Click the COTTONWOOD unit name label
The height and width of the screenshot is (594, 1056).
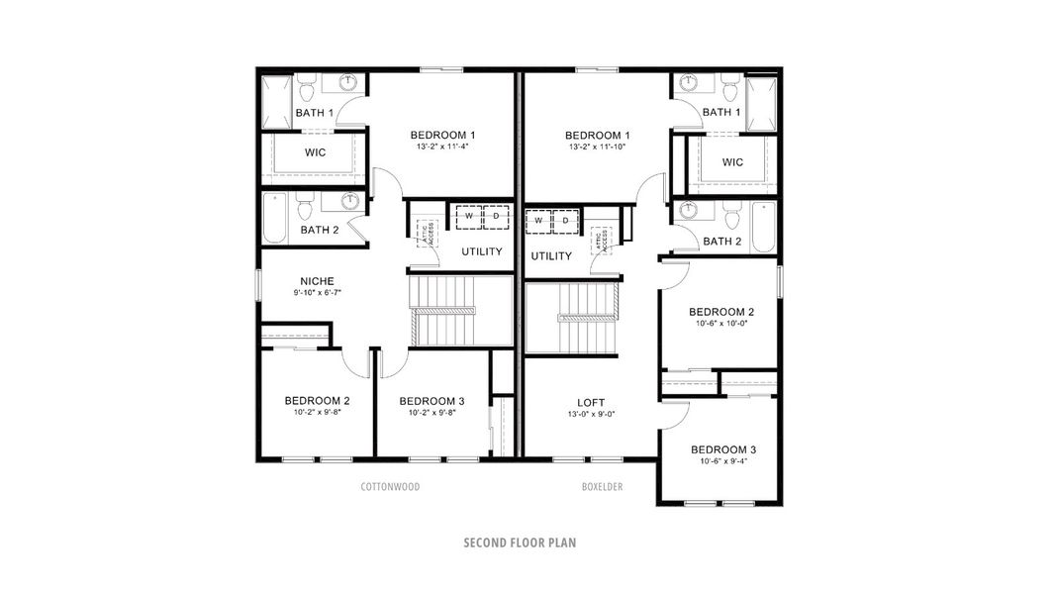pos(390,487)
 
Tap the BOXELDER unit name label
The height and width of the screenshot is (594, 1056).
pos(602,487)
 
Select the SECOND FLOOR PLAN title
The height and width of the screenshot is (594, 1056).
pos(520,543)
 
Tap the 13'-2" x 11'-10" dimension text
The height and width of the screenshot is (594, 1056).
pos(598,147)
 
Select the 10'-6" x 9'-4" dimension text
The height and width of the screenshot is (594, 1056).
pos(722,460)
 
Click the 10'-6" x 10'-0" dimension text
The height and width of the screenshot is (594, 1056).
pos(721,323)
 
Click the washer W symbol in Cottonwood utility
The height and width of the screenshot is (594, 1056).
pos(469,216)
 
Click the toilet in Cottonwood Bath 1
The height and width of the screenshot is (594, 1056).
pos(308,92)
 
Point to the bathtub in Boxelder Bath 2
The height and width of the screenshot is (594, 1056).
pos(762,226)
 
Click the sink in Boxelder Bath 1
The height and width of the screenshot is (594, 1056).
pos(687,83)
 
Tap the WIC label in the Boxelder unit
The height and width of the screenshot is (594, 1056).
pos(732,162)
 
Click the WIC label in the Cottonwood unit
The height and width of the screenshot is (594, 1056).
pos(316,152)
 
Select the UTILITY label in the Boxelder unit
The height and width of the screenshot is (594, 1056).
pos(551,256)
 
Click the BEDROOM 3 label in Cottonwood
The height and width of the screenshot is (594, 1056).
pos(432,401)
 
